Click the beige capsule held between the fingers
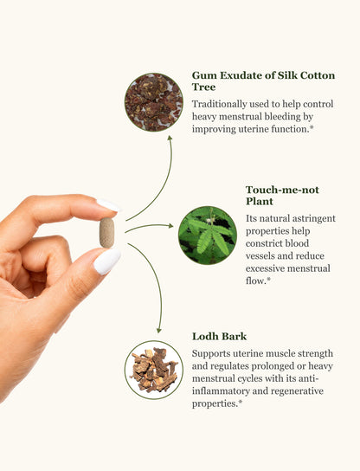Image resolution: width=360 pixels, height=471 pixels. [x=107, y=233]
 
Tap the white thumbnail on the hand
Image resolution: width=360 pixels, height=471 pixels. [x=107, y=261]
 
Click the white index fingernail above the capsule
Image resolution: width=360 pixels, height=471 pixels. [x=108, y=205]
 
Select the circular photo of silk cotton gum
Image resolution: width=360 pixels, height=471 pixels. [x=154, y=102]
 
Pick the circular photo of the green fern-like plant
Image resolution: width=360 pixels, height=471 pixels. [x=208, y=235]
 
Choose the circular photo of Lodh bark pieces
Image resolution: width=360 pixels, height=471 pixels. [x=154, y=370]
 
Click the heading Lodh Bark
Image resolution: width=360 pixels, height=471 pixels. [x=219, y=336]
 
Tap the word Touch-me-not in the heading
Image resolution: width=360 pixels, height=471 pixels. [x=282, y=190]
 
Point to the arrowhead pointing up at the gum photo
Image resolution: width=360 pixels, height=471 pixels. [x=170, y=138]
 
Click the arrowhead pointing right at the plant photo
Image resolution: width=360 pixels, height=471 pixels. [x=170, y=226]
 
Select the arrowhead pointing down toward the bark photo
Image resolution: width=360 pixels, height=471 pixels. [x=159, y=330]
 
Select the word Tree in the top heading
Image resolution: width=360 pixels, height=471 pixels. [x=203, y=87]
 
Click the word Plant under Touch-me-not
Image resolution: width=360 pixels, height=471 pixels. [x=260, y=201]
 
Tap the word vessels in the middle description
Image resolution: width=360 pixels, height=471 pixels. [x=259, y=256]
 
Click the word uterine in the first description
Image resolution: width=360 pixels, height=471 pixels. [x=254, y=129]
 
